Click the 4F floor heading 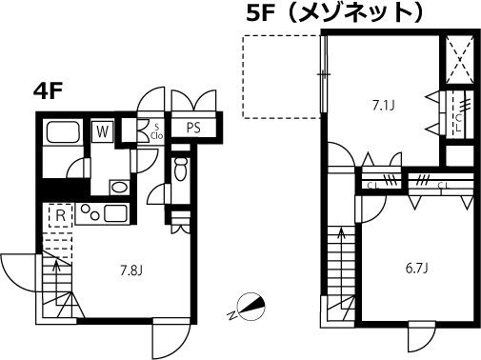(x=50, y=93)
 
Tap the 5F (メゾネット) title (x=347, y=13)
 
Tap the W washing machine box (x=101, y=130)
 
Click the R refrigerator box (x=59, y=217)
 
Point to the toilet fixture (x=181, y=172)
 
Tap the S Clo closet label (x=154, y=130)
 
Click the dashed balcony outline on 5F (x=283, y=76)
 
